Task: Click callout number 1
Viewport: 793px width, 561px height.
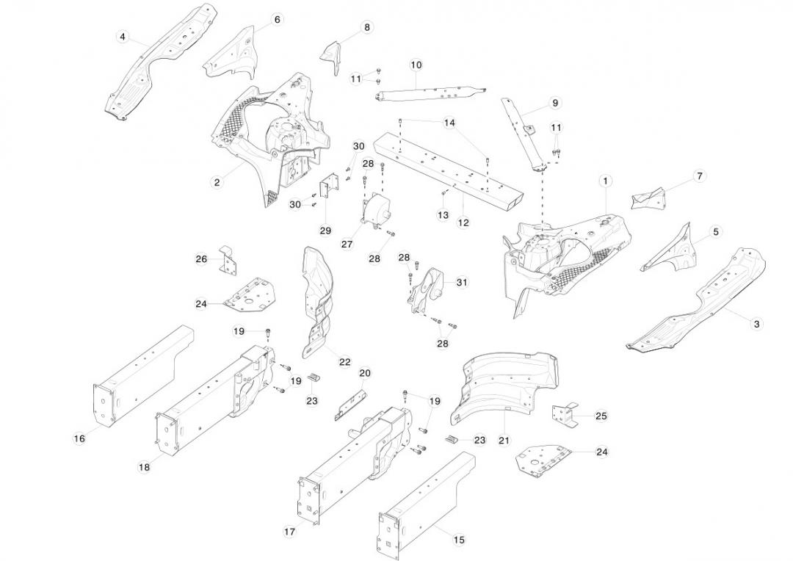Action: coord(606,180)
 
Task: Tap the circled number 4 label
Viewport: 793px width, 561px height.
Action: coord(123,37)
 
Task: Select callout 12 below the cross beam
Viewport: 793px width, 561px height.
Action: coord(463,222)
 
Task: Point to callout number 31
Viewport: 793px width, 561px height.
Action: coord(462,282)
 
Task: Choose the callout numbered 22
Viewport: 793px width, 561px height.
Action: coord(344,361)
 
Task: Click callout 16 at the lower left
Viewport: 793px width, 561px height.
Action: coord(79,438)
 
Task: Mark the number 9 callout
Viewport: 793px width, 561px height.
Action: coord(554,103)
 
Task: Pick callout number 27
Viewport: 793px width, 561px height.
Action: coord(347,244)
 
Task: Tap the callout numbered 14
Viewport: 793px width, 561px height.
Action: coord(449,123)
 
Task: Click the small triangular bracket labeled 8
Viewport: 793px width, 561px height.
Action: coord(332,56)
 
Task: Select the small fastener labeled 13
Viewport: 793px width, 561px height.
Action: coord(445,192)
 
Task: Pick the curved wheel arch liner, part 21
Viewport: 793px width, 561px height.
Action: coord(507,382)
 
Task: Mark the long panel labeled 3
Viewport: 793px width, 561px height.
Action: coord(698,301)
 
